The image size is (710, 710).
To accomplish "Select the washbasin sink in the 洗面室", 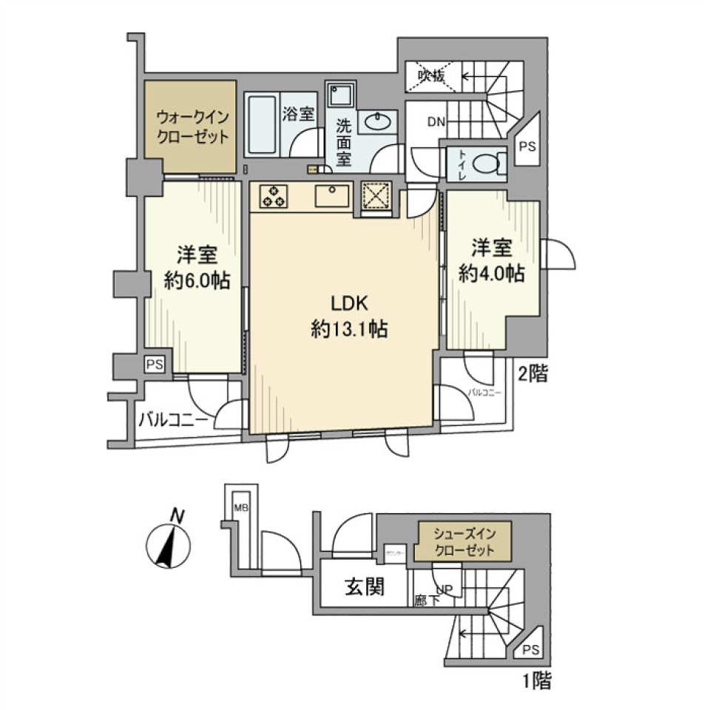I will click(378, 121).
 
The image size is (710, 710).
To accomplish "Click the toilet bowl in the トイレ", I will click(485, 164).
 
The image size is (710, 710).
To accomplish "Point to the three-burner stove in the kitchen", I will click(273, 196).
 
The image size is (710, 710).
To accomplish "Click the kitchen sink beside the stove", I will click(331, 196).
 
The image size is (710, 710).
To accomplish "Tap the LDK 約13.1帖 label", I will click(345, 317).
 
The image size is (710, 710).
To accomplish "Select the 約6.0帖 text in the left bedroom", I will click(195, 280).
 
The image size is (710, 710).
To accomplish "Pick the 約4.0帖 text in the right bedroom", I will click(491, 274).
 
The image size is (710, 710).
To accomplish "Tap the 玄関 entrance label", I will click(364, 588).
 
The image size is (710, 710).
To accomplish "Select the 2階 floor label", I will click(532, 375).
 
